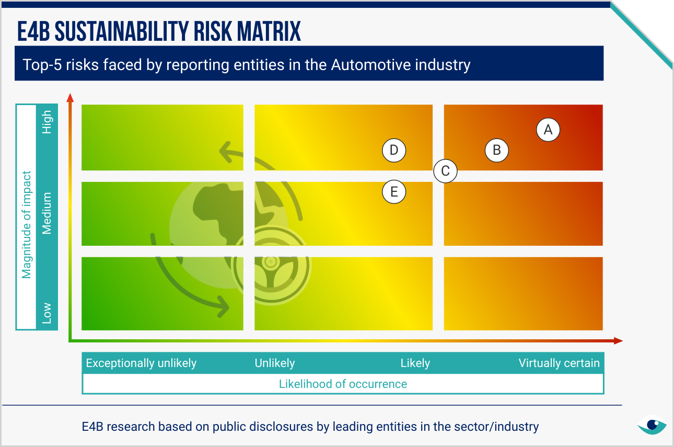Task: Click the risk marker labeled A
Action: tap(548, 130)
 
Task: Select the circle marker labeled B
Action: tap(497, 151)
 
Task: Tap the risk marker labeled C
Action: tap(446, 171)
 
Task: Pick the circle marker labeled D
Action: tap(394, 151)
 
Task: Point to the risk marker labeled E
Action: tap(394, 192)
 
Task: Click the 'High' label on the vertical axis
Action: tap(47, 122)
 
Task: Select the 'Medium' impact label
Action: tap(47, 213)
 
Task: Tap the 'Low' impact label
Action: tap(47, 313)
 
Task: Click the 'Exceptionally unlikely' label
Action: tap(141, 363)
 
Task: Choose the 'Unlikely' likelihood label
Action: tap(275, 363)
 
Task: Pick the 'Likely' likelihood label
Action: tap(415, 363)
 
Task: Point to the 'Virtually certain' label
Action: tap(559, 363)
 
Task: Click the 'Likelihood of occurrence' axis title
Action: tap(343, 384)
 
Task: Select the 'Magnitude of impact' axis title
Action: tap(26, 225)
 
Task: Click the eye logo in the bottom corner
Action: tap(652, 425)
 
